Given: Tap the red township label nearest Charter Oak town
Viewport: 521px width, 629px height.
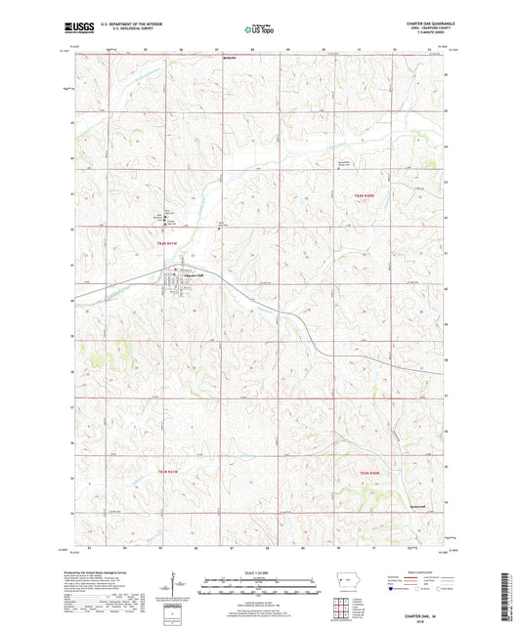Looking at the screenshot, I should coord(168,242).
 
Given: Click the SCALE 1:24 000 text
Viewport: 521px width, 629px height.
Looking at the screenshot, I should coord(259,571).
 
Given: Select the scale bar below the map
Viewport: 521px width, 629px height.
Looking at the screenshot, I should coord(259,589).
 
